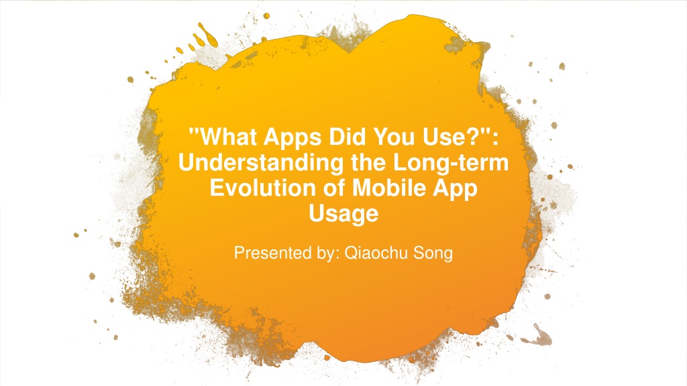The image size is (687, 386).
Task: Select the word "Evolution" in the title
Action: pos(263,188)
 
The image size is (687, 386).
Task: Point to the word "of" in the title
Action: pos(334,188)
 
